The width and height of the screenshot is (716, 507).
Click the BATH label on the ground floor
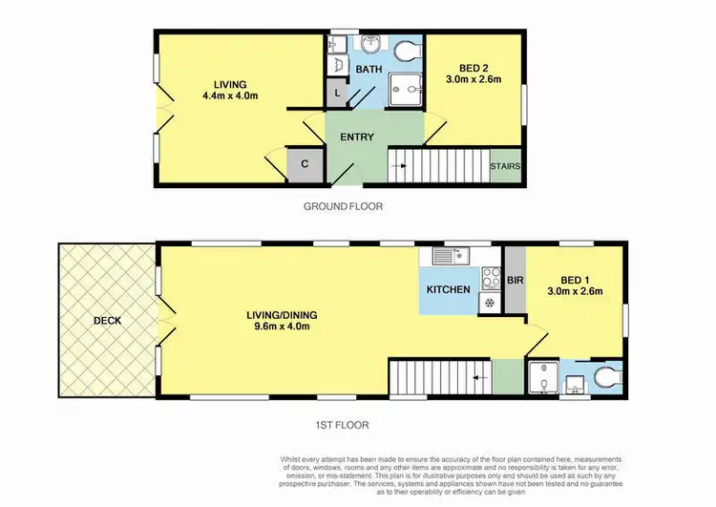[x=369, y=70]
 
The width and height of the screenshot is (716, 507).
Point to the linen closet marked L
[x=336, y=94]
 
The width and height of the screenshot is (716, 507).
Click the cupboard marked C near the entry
[x=304, y=163]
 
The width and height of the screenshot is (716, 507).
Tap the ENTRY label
[x=356, y=137]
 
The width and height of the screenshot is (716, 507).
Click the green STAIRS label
[x=505, y=166]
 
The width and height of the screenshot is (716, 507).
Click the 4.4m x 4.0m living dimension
[x=229, y=95]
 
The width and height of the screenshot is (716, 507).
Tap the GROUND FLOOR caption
[x=343, y=206]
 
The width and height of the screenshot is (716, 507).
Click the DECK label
[x=107, y=321]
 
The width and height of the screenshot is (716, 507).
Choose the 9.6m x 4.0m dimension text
[x=280, y=327]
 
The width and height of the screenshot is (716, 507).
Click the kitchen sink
[x=446, y=255]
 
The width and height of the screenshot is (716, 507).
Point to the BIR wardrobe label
[x=514, y=281]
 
